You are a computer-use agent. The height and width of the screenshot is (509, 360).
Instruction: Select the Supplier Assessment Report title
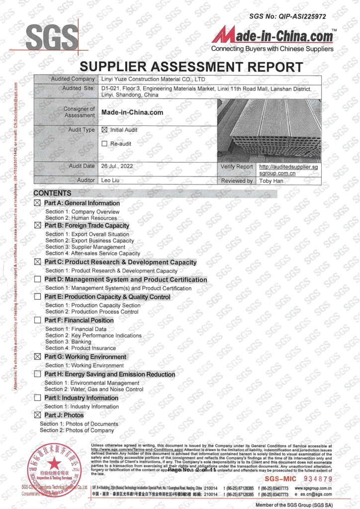tap(191, 67)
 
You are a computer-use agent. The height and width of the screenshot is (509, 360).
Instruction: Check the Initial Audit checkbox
tap(104, 130)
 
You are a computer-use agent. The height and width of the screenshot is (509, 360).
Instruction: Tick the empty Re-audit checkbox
tap(104, 144)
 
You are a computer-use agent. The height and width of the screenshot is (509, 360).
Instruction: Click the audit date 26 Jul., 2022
tap(117, 166)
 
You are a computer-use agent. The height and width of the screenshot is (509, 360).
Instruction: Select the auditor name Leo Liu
tap(112, 180)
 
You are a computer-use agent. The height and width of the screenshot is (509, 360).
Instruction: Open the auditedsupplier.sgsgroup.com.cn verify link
tap(288, 170)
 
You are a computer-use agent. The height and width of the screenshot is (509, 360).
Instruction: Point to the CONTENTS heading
tap(53, 193)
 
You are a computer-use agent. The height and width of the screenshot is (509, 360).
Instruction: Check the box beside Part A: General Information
tap(37, 203)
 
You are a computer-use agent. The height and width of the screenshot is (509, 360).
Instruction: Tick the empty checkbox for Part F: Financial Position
tap(37, 321)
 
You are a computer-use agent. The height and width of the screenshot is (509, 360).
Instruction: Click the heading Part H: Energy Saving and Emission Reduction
tap(109, 374)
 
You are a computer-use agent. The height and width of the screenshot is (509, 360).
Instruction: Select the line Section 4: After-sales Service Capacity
tap(92, 253)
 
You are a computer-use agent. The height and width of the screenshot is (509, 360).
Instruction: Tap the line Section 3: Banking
tap(68, 342)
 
